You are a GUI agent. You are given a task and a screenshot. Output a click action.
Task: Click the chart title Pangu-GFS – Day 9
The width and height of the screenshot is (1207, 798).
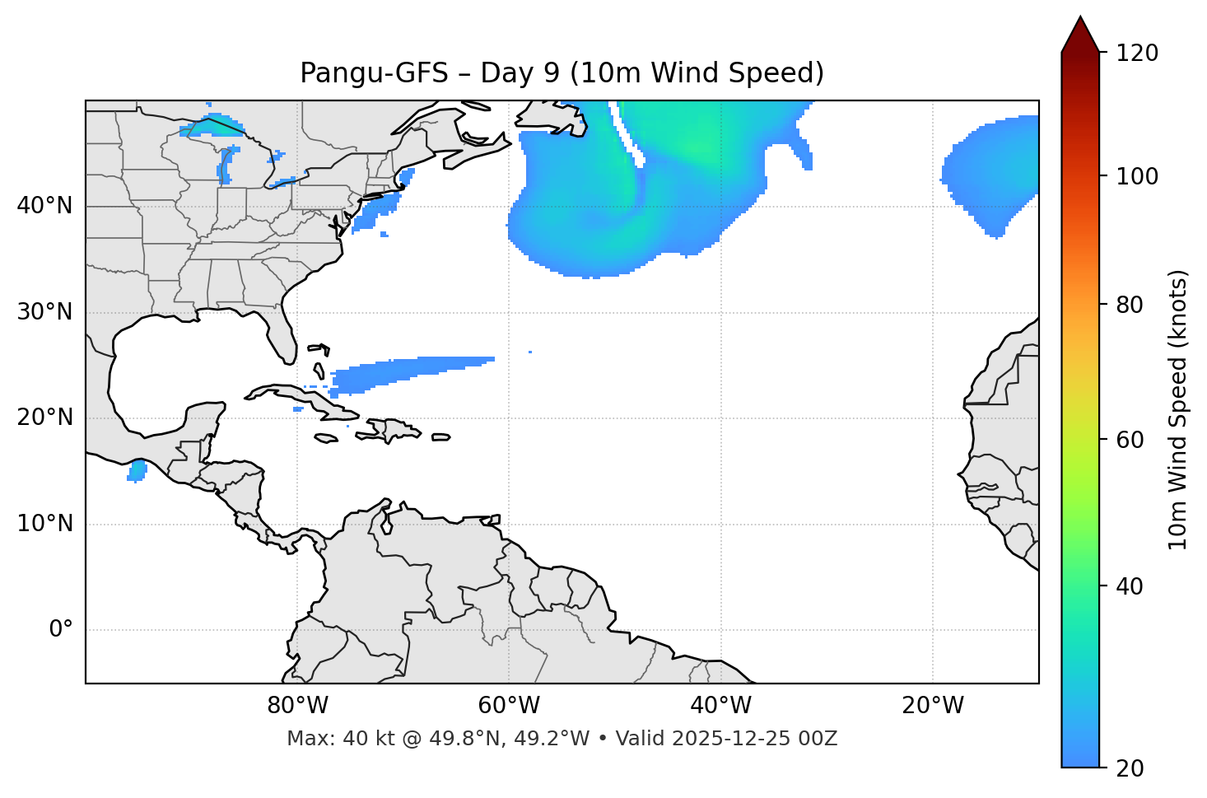click(562, 73)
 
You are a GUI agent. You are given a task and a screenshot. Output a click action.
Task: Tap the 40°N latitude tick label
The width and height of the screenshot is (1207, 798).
click(44, 205)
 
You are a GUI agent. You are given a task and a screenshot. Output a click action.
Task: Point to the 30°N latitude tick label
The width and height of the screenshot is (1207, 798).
click(44, 311)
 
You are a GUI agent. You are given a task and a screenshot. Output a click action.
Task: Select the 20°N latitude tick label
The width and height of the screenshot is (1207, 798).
click(44, 418)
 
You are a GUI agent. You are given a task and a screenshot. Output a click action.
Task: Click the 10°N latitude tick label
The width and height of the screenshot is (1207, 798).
click(44, 524)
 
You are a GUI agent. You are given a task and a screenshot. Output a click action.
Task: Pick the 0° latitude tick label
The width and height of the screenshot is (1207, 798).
click(60, 630)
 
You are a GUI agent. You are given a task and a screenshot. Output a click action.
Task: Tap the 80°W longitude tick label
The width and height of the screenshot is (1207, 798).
click(297, 706)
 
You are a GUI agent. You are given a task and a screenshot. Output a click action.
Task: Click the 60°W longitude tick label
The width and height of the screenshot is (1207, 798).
click(509, 706)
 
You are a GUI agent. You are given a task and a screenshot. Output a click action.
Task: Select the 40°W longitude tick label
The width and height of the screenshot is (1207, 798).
click(720, 706)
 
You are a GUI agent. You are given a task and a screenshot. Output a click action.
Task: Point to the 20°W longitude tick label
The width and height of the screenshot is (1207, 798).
click(932, 706)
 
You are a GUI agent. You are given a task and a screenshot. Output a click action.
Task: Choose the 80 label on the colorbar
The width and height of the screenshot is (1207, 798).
click(1130, 305)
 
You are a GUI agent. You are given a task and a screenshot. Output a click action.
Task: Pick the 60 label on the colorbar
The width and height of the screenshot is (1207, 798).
click(1130, 440)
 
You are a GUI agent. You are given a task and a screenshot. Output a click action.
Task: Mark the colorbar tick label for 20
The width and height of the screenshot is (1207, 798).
click(1130, 768)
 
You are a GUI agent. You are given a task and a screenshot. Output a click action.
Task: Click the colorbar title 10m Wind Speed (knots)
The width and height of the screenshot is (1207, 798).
click(1178, 409)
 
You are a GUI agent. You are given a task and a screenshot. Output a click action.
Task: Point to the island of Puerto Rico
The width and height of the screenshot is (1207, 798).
click(441, 436)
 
